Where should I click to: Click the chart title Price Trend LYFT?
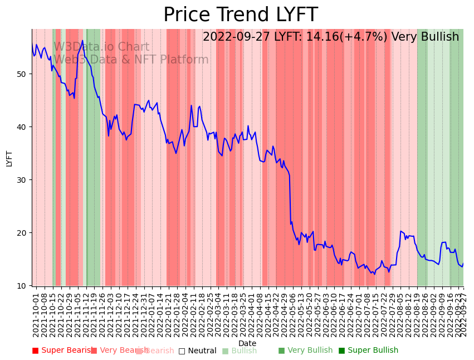(x=240, y=15)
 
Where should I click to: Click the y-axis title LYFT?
(x=9, y=158)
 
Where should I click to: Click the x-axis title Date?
(x=247, y=343)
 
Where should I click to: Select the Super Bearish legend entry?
(x=63, y=351)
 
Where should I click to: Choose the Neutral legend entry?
(x=198, y=351)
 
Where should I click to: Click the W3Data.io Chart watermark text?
(x=101, y=47)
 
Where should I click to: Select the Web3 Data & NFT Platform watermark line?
(x=131, y=60)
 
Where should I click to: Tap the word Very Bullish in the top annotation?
(x=425, y=37)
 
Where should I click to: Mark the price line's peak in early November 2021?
(x=82, y=40)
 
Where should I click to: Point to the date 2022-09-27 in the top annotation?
(x=236, y=37)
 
